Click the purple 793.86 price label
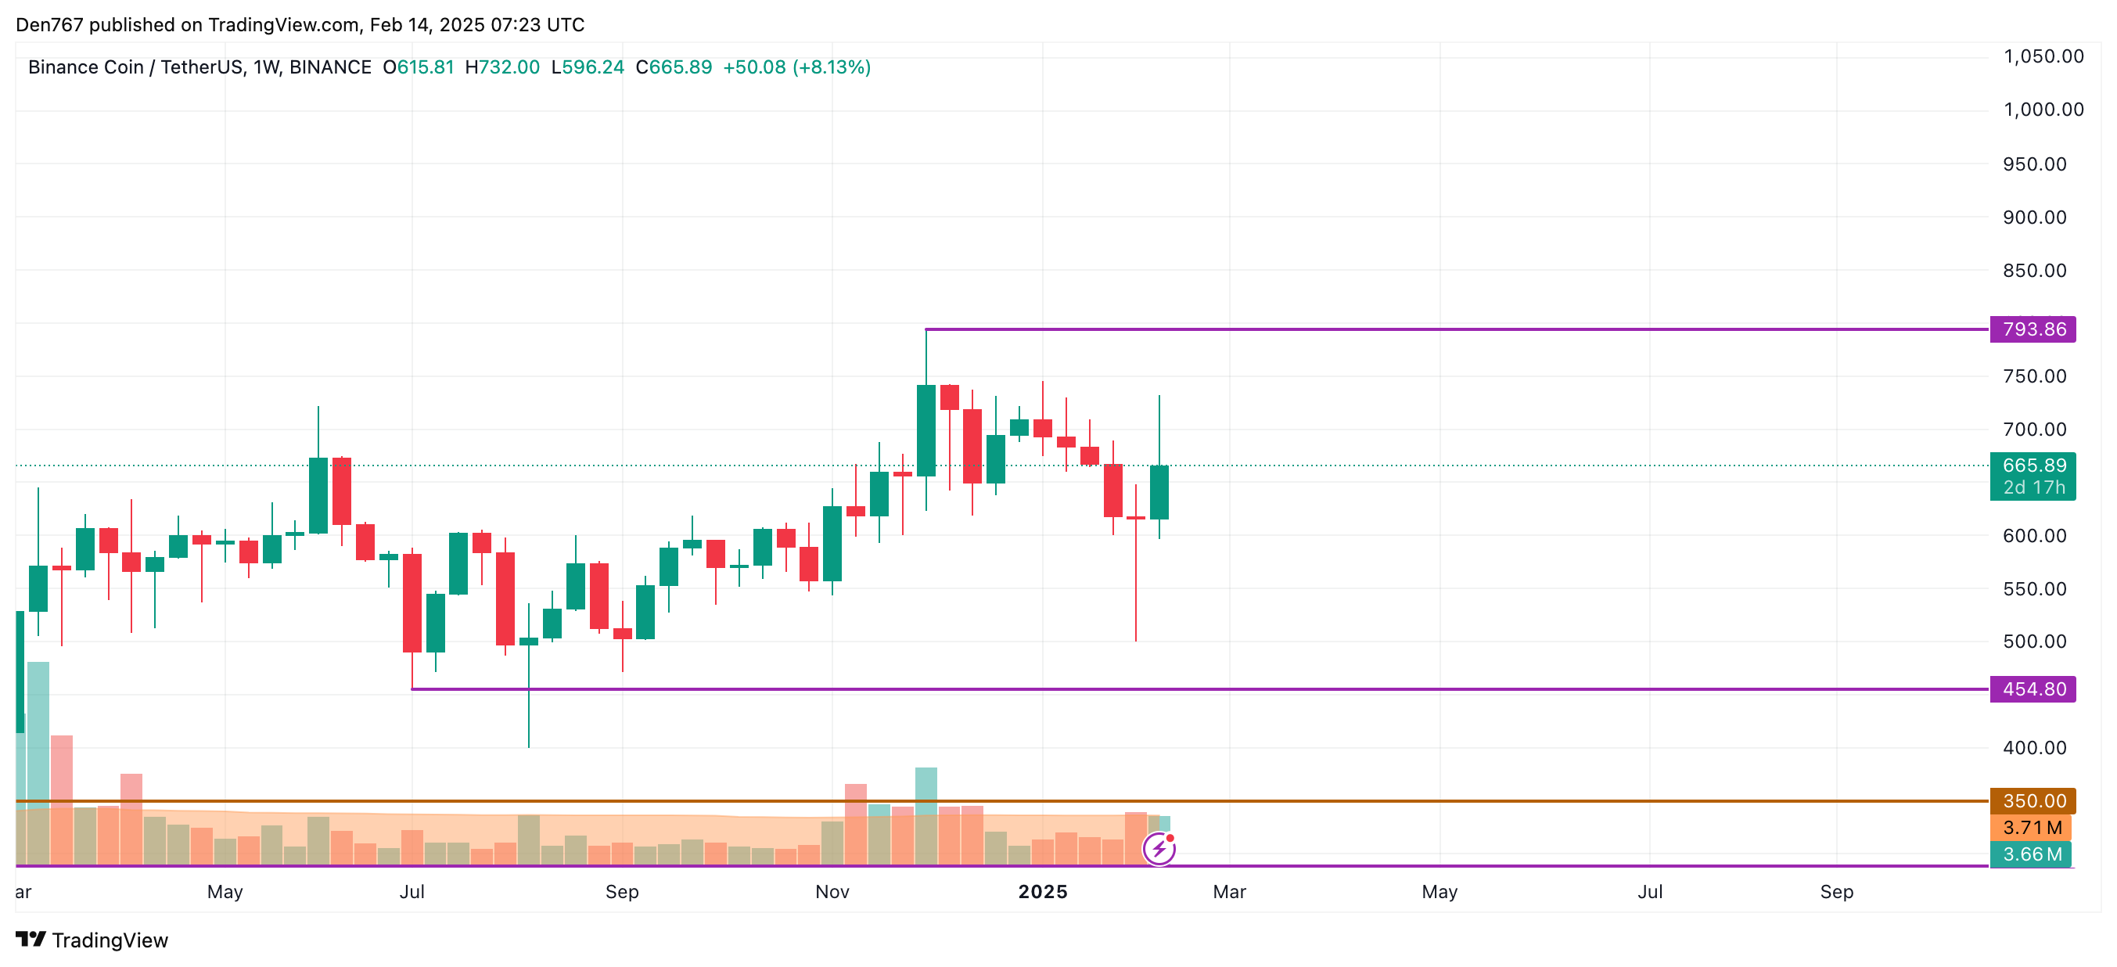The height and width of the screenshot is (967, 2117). (2033, 329)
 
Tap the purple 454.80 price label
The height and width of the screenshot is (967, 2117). (2033, 689)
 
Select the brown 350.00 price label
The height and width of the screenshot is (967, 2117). (2033, 800)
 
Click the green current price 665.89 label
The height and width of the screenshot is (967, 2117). (2033, 466)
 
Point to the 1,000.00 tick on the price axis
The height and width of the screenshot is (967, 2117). (2043, 110)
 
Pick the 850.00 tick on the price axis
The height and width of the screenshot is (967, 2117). (2034, 270)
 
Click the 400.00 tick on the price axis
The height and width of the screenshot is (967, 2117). (2034, 748)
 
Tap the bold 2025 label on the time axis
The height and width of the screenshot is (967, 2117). (1042, 891)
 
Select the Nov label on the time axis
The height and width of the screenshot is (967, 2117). (832, 891)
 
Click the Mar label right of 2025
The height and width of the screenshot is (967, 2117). (1228, 891)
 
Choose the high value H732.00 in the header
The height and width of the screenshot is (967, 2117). (502, 67)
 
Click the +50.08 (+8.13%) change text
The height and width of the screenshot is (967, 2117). (796, 67)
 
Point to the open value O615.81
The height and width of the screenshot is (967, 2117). (419, 67)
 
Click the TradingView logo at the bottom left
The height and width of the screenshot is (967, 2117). (92, 940)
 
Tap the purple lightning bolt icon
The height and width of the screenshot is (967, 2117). (1159, 849)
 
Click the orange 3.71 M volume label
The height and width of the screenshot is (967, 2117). (2031, 827)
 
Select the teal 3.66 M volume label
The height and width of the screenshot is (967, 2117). (2031, 854)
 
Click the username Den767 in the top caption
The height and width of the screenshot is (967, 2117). (49, 25)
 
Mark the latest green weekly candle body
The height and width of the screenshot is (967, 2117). (1159, 492)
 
